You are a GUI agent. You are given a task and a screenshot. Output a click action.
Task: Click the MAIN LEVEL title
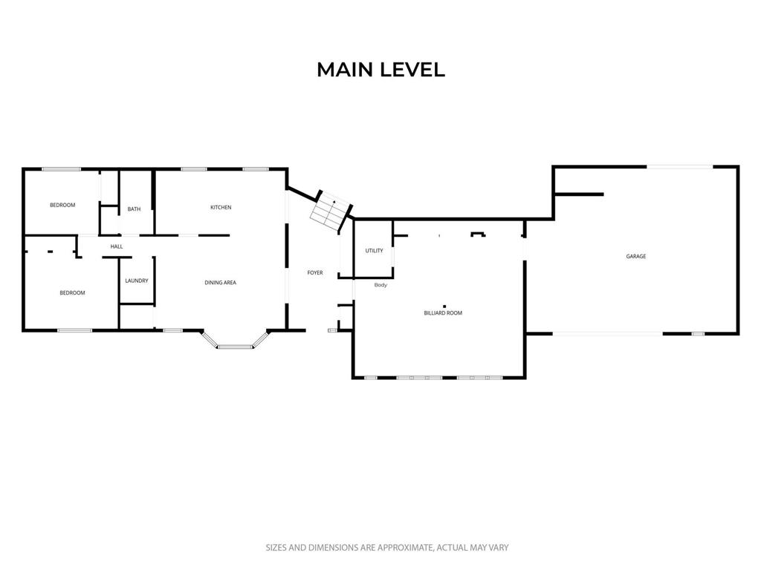pos(380,70)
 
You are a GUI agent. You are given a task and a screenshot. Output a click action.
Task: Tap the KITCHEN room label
pos(221,208)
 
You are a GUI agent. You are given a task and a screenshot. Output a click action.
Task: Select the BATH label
pos(134,209)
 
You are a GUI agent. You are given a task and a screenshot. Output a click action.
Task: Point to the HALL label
pos(117,246)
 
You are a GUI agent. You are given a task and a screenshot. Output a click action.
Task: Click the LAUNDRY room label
pos(137,281)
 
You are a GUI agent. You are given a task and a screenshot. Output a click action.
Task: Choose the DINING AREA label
pos(220,283)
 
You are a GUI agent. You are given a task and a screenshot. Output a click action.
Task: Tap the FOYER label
pos(315,273)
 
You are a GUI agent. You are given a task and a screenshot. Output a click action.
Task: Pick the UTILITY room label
pos(375,251)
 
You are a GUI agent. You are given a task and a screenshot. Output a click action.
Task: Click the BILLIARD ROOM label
pos(443,313)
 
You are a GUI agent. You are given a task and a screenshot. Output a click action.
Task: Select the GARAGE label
pos(636,256)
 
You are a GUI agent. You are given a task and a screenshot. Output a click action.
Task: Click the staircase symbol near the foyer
pos(331,212)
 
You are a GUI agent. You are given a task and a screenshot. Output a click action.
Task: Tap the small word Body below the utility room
pos(380,285)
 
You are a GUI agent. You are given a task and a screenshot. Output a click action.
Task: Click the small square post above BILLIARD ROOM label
pos(444,307)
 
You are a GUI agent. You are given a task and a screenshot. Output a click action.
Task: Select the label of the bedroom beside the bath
pos(62,205)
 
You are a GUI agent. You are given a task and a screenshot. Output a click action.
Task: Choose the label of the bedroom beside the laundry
pos(72,292)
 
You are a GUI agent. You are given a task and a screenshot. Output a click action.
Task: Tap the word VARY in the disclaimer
pos(497,548)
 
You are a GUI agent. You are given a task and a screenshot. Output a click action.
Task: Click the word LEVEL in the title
pos(412,70)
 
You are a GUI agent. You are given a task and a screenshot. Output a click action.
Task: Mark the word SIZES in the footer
pos(276,548)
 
